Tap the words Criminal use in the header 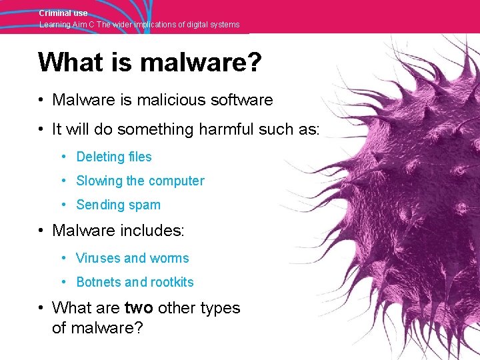click(63, 13)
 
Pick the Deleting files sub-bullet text click(114, 157)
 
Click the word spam click(146, 205)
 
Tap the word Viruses click(98, 258)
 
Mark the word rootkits click(171, 282)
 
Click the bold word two click(139, 308)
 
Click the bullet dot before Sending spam click(62, 205)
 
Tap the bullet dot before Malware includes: click(41, 231)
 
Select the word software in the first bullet click(243, 100)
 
